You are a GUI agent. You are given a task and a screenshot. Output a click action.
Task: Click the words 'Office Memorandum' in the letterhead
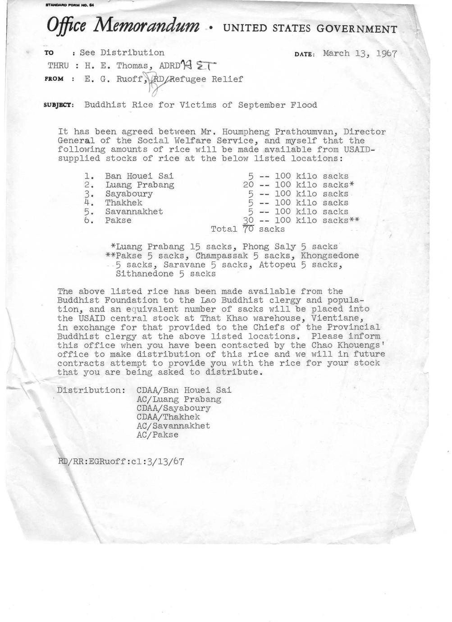point(123,26)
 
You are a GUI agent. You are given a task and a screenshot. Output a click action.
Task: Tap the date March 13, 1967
point(360,54)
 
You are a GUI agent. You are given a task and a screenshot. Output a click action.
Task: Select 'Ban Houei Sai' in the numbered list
point(139,176)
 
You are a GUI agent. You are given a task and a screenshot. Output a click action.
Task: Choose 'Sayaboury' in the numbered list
point(129,194)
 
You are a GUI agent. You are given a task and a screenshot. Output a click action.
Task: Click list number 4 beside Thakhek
point(89,203)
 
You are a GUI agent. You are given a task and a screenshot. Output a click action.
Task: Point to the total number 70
point(248,229)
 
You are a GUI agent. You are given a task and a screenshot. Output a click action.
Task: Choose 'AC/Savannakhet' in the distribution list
point(173,426)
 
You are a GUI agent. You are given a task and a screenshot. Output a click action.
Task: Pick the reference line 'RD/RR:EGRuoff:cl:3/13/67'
point(121,462)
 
